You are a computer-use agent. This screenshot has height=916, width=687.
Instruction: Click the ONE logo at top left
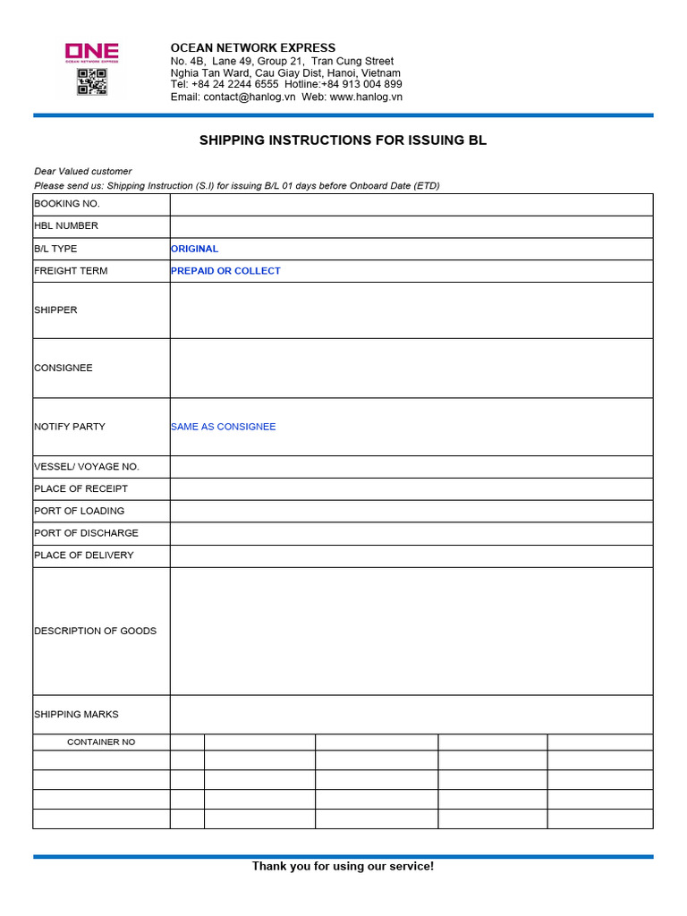tap(91, 52)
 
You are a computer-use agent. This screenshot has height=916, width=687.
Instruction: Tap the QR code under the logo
tap(91, 81)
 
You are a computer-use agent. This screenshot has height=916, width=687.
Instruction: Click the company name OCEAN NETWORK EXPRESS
tap(253, 47)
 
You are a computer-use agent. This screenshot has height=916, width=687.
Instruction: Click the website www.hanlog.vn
tap(366, 97)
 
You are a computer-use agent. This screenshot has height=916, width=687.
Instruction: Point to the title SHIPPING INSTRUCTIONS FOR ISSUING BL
tap(343, 140)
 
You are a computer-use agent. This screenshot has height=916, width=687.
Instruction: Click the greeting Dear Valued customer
tap(82, 171)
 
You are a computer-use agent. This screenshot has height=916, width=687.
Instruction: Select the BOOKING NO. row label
tap(67, 204)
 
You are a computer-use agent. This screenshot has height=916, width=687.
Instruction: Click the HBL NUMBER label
tap(66, 226)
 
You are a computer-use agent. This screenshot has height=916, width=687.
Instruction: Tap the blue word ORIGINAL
tap(194, 249)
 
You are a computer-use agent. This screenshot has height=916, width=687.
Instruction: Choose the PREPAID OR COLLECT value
tap(225, 271)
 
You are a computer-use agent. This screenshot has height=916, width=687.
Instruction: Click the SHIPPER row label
tap(55, 310)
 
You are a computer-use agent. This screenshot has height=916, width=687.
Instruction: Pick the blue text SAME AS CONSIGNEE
tap(223, 427)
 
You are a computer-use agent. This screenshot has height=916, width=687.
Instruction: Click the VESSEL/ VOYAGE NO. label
tap(87, 467)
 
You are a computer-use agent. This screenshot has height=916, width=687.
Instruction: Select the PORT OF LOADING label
tap(80, 511)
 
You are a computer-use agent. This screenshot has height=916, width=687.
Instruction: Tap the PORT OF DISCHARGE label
tap(86, 533)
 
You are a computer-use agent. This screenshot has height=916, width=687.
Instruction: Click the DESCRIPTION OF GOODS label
tap(95, 631)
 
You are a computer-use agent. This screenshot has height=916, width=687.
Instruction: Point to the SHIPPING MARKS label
tap(76, 715)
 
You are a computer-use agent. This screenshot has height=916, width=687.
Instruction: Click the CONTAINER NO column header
tap(101, 742)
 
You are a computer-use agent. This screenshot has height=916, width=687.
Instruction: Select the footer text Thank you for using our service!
tap(343, 866)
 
